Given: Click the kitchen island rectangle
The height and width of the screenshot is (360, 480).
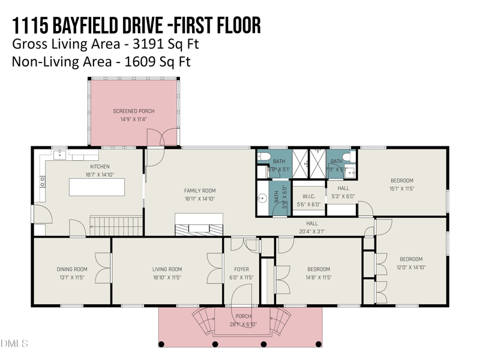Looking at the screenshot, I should click(x=97, y=187).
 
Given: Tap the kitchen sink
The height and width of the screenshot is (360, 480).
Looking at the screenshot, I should click(x=60, y=155).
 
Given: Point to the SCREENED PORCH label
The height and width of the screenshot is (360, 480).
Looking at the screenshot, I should click(x=134, y=111).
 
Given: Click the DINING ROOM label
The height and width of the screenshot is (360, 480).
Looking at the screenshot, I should click(x=72, y=269).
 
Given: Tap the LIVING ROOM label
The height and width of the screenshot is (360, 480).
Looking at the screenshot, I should click(x=167, y=269).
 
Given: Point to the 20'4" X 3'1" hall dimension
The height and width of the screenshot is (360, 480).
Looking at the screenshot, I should click(x=312, y=231).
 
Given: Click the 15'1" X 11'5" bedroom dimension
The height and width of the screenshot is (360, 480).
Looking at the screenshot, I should click(x=402, y=188).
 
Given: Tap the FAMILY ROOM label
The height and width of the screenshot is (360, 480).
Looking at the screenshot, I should click(x=199, y=191).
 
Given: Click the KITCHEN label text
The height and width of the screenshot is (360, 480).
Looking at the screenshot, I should click(x=100, y=166).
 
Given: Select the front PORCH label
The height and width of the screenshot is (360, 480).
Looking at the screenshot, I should click(x=244, y=316).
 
